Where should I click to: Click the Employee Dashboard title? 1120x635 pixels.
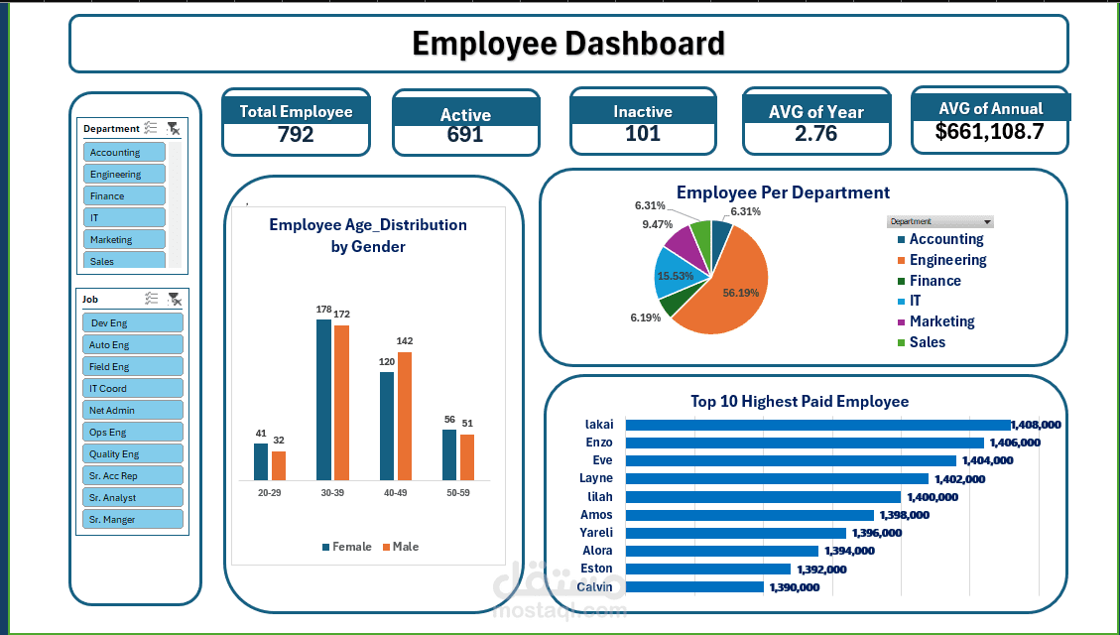pyautogui.click(x=567, y=44)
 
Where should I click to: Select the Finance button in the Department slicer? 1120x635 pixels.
pyautogui.click(x=125, y=196)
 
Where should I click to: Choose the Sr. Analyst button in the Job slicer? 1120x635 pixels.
pyautogui.click(x=133, y=498)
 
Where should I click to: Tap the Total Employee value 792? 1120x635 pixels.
pyautogui.click(x=296, y=135)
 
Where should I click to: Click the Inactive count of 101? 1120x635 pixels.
pyautogui.click(x=643, y=134)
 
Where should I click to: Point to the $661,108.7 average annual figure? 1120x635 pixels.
pyautogui.click(x=989, y=131)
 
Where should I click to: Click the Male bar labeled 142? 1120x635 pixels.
pyautogui.click(x=405, y=416)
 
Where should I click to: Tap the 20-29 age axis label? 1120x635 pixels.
pyautogui.click(x=270, y=492)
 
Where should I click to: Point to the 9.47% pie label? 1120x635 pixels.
pyautogui.click(x=657, y=224)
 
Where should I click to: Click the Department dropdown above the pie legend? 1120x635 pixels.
pyautogui.click(x=940, y=222)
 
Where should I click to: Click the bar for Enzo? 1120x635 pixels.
pyautogui.click(x=804, y=443)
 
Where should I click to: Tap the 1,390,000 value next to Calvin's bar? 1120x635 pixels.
pyautogui.click(x=794, y=587)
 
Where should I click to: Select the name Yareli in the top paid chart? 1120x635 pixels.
pyautogui.click(x=596, y=533)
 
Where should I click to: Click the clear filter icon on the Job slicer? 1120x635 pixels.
pyautogui.click(x=174, y=299)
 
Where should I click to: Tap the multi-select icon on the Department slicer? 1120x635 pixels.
pyautogui.click(x=151, y=128)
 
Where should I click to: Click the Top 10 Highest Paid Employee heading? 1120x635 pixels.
pyautogui.click(x=800, y=402)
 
